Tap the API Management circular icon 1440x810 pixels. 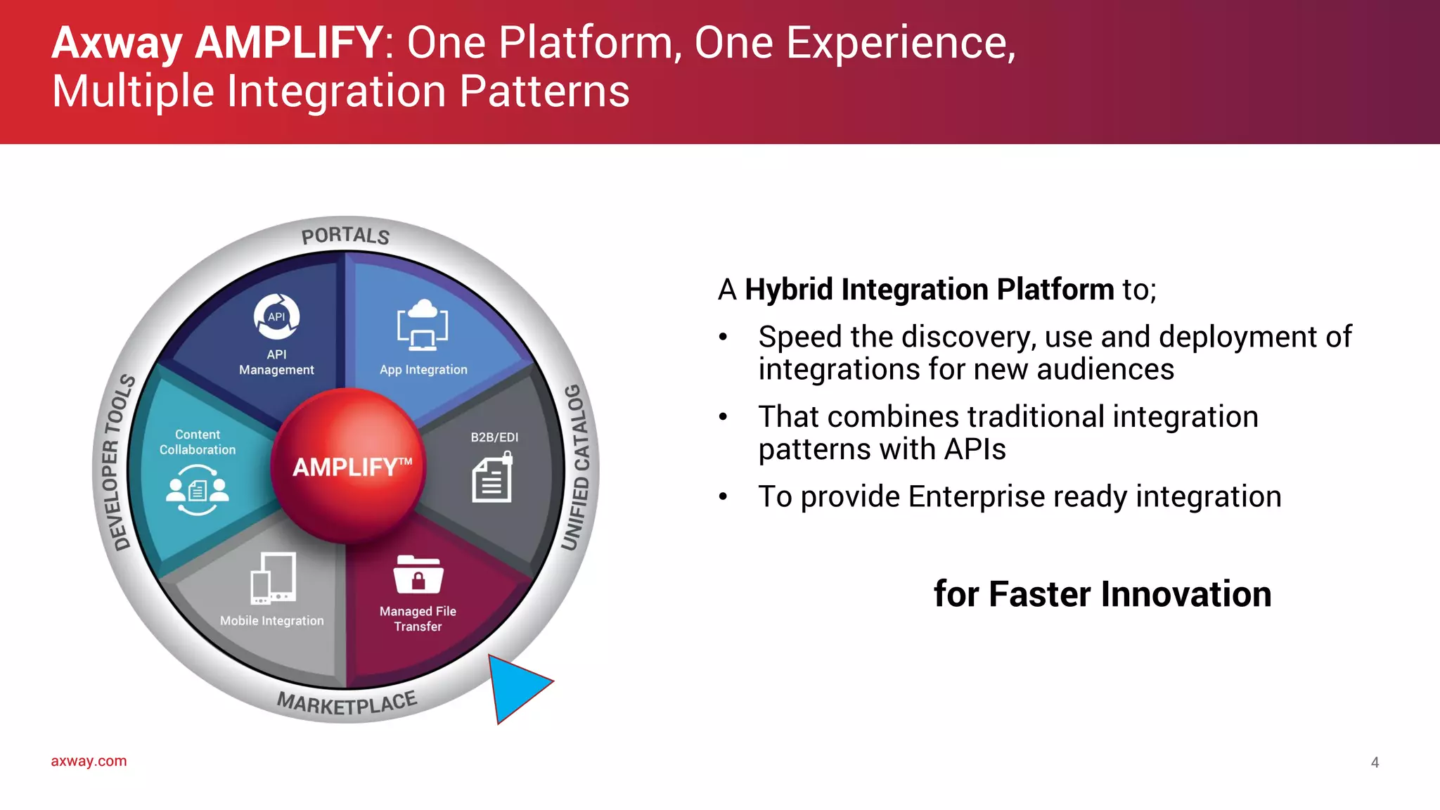click(x=276, y=316)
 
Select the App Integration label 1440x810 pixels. click(x=423, y=370)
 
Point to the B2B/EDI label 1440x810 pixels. click(x=494, y=437)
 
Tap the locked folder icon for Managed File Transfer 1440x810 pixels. click(x=418, y=575)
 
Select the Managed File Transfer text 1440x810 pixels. click(x=418, y=619)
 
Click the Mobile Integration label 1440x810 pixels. click(x=272, y=621)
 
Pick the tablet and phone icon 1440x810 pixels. click(x=274, y=578)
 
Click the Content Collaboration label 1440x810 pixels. click(x=198, y=442)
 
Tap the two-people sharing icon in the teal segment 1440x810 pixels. click(x=198, y=489)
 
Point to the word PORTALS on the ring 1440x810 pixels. click(x=345, y=236)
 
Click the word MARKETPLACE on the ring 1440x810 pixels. click(x=347, y=703)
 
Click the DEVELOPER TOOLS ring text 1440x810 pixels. click(x=114, y=463)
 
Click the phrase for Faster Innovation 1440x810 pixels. click(x=1102, y=594)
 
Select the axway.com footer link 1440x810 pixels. click(x=89, y=761)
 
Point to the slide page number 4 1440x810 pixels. click(x=1375, y=762)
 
